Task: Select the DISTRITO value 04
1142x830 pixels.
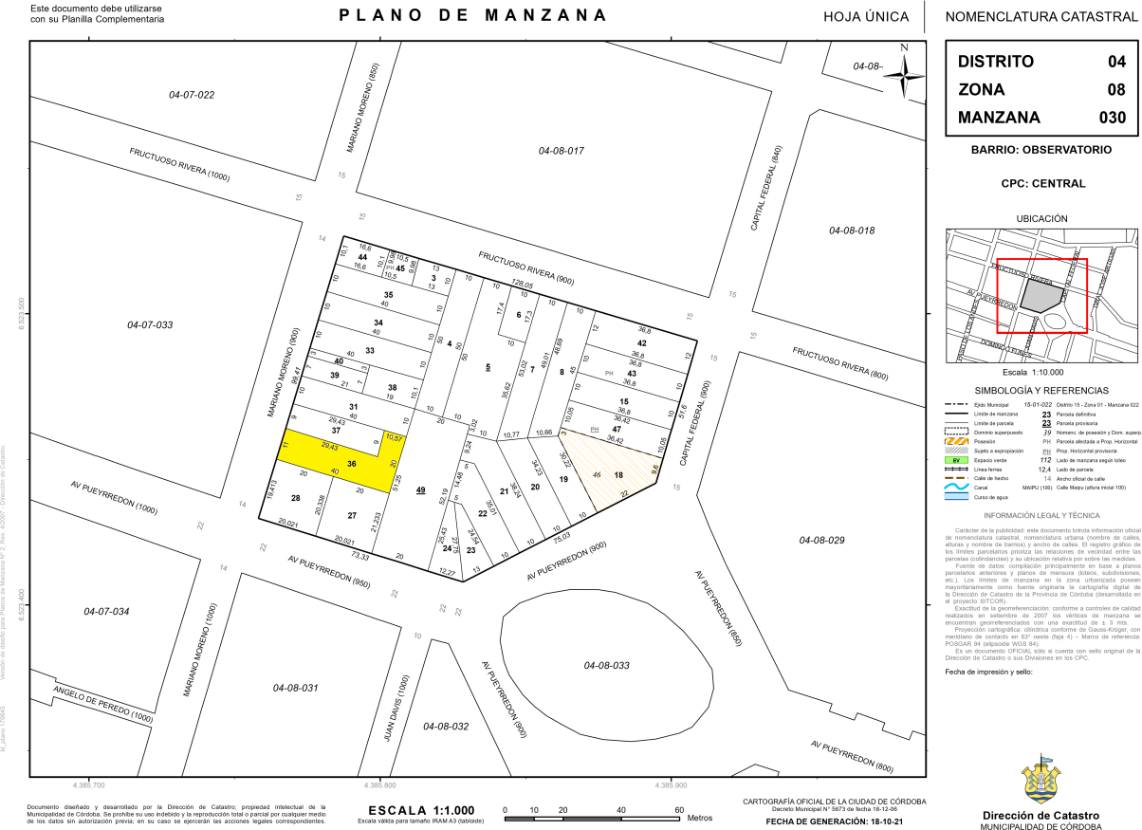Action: tap(1117, 62)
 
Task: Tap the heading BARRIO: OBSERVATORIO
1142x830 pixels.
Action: tap(1041, 150)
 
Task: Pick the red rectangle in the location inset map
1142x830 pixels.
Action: tap(1041, 296)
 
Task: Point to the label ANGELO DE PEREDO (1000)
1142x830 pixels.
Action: tap(102, 704)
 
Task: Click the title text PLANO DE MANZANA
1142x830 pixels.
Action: tap(472, 15)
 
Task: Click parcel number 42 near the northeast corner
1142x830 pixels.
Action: tap(642, 342)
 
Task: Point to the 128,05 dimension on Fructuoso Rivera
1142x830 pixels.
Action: tap(523, 284)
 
